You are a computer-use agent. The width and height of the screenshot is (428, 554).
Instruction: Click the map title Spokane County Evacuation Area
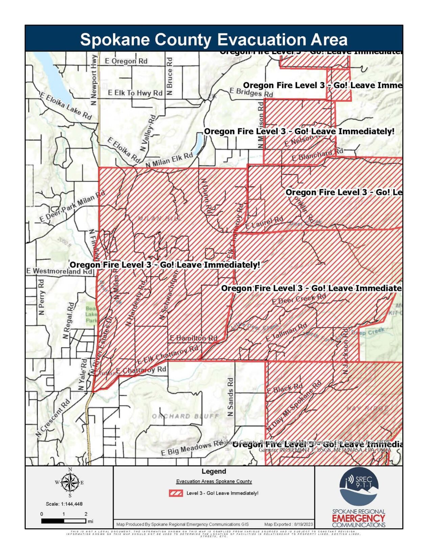click(214, 40)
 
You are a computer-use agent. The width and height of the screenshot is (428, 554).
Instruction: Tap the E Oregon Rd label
click(126, 61)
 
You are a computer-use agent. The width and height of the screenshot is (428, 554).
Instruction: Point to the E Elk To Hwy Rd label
click(135, 93)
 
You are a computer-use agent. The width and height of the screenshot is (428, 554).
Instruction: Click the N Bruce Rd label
click(170, 76)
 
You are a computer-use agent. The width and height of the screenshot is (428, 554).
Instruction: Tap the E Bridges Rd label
click(251, 92)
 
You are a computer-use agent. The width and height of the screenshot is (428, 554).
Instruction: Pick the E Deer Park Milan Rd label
click(72, 207)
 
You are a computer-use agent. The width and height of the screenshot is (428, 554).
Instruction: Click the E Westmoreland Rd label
click(59, 271)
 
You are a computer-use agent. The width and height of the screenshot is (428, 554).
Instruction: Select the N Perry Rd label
click(41, 297)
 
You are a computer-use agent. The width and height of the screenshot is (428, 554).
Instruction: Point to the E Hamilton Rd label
click(193, 338)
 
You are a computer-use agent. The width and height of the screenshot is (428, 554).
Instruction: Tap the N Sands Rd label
click(230, 397)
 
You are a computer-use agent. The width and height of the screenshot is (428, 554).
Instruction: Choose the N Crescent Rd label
click(53, 418)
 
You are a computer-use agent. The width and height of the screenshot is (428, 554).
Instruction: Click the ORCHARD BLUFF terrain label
click(185, 416)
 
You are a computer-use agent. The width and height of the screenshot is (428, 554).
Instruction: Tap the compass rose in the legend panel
click(70, 483)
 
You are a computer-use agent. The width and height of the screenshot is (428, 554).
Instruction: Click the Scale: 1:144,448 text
click(64, 504)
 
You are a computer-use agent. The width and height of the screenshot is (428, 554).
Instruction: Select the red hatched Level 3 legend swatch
click(176, 493)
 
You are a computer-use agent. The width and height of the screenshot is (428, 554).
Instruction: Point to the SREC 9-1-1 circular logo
click(358, 486)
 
